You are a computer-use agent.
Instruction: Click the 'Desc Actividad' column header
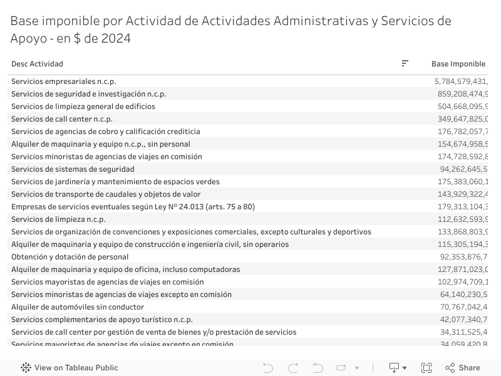[37, 64]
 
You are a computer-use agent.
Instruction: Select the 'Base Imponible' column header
[458, 64]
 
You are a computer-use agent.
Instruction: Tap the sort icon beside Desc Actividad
[405, 63]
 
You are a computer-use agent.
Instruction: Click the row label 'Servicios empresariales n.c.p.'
[64, 81]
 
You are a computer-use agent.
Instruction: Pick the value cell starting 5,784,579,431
[460, 81]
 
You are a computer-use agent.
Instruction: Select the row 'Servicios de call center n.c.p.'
[62, 119]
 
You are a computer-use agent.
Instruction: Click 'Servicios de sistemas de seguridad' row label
[73, 169]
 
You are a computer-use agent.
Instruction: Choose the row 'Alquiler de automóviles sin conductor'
[78, 307]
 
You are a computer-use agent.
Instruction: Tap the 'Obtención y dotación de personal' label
[70, 257]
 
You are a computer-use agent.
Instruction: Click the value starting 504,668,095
[462, 107]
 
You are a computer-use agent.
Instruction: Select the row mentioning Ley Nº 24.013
[133, 207]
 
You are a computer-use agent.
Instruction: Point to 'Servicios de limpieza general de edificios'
[83, 107]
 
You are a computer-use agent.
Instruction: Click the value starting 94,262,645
[463, 169]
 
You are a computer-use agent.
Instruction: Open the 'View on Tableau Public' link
[70, 368]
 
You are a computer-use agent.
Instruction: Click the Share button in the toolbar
[463, 368]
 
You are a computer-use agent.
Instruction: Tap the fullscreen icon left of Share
[426, 368]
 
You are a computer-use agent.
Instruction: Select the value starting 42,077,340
[463, 320]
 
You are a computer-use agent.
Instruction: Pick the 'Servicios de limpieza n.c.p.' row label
[58, 219]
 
